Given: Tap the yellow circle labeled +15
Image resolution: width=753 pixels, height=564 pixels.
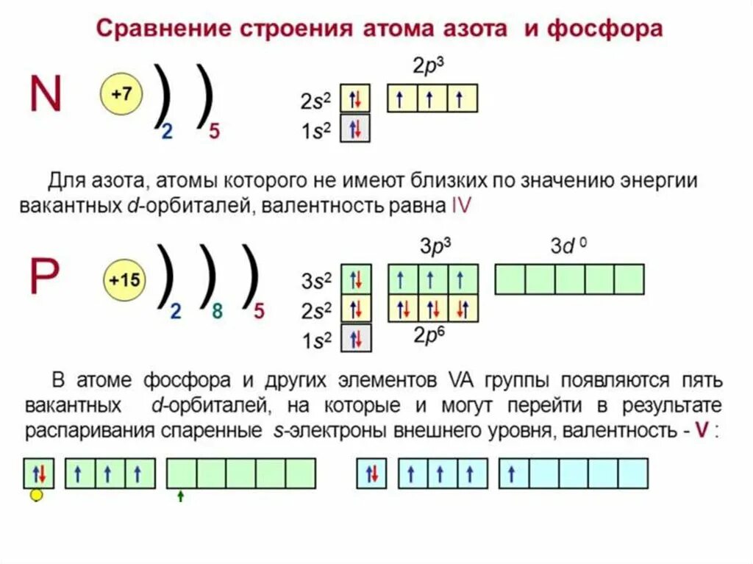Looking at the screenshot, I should click(125, 281).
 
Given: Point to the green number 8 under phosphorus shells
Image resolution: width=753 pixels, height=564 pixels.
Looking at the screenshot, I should click(217, 311).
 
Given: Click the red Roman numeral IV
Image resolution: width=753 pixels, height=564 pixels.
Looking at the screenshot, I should click(460, 207).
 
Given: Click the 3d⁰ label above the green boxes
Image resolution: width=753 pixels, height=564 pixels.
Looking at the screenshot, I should click(568, 246).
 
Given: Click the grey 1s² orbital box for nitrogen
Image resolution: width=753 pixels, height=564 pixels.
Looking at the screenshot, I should click(355, 128).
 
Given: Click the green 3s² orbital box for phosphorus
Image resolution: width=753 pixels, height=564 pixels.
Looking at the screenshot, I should click(356, 279).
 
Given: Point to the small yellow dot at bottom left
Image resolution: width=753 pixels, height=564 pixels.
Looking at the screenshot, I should click(36, 496).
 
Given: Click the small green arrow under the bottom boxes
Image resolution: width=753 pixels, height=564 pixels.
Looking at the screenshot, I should click(180, 496).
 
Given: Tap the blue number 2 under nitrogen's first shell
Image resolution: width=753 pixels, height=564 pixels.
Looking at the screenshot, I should click(167, 132).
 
